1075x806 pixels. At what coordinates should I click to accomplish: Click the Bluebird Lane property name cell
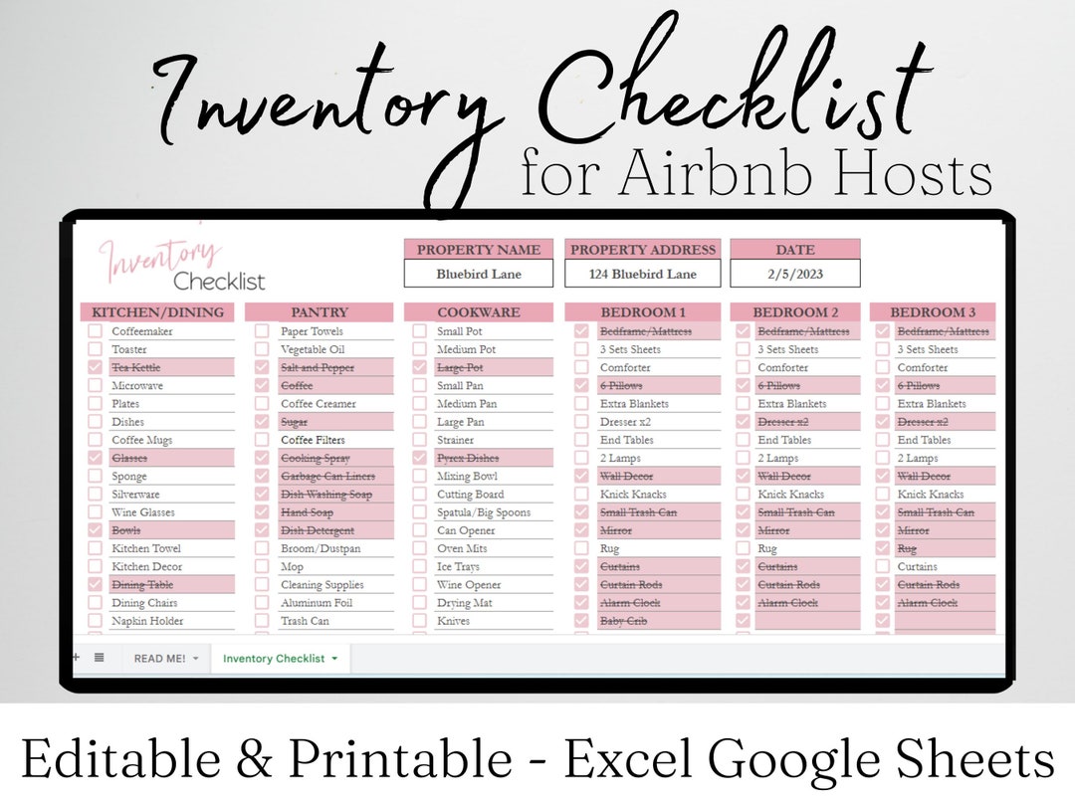479,274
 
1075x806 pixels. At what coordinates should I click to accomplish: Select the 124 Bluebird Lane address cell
642,274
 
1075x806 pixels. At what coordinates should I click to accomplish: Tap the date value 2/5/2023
794,274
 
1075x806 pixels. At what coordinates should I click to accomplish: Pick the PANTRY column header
319,312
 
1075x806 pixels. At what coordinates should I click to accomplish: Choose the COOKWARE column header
479,312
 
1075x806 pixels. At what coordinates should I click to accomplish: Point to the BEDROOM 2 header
795,312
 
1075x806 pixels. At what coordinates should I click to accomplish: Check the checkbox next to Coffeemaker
95,331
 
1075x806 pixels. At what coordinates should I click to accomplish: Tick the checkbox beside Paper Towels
262,331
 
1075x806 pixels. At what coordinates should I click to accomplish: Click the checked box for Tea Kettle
95,367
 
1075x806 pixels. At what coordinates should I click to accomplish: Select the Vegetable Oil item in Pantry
313,349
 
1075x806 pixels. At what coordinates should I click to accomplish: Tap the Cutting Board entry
470,495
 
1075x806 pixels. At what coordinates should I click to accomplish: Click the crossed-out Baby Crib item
624,621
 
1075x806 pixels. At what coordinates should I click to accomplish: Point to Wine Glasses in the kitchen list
142,512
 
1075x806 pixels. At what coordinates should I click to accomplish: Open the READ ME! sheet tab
159,659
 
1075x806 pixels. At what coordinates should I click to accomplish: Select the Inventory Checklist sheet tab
274,659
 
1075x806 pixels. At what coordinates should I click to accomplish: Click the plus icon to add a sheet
76,657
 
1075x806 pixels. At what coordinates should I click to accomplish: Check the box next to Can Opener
419,530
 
